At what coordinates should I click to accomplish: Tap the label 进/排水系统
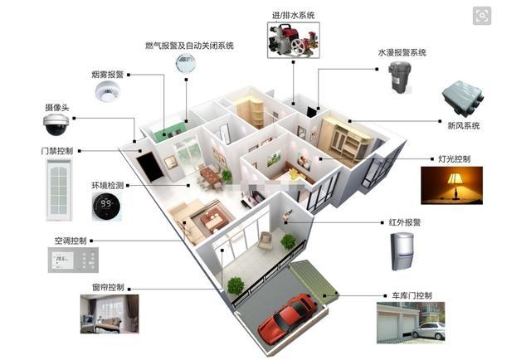(294, 15)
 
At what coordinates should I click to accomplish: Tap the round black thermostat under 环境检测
(106, 205)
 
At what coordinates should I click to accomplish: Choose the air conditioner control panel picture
(72, 262)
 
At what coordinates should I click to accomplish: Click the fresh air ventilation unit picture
(460, 100)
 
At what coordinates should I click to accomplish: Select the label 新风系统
(463, 126)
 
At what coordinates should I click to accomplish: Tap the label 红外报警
(406, 222)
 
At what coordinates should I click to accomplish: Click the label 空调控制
(71, 241)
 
